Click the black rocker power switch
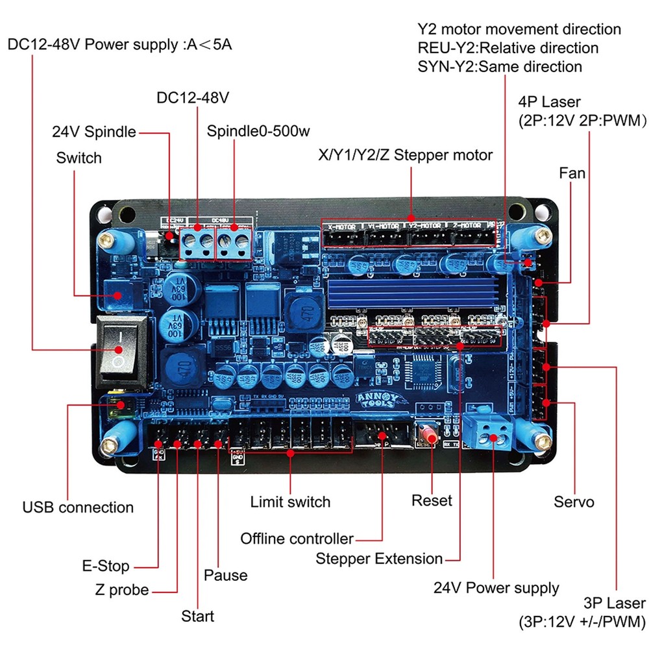[x=118, y=354]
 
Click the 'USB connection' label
[x=78, y=507]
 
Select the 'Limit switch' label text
[x=290, y=502]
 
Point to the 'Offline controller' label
[x=297, y=539]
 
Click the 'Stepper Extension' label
[x=379, y=559]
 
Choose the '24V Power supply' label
[x=496, y=588]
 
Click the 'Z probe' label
[x=121, y=590]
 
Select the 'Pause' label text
[x=225, y=575]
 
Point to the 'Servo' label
[x=574, y=502]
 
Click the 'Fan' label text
[x=572, y=173]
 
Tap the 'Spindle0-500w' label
[x=258, y=131]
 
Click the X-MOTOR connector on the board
[x=343, y=237]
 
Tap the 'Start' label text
[x=197, y=615]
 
